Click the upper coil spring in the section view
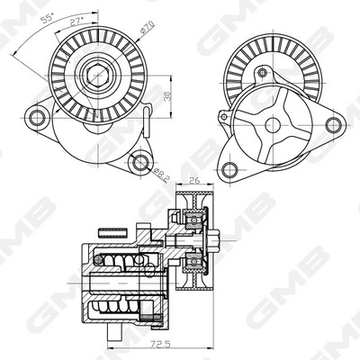(x=126, y=262)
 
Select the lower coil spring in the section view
(x=126, y=310)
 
